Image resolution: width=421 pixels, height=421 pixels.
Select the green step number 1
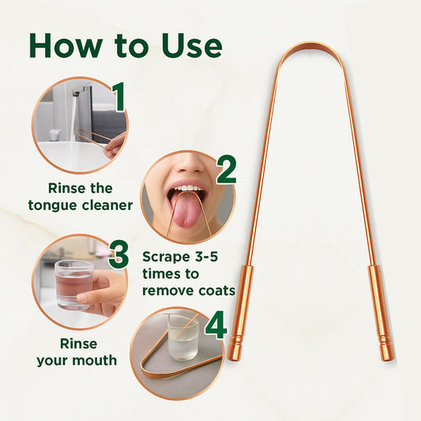coord(118,97)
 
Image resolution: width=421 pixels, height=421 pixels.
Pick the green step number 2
coord(226,169)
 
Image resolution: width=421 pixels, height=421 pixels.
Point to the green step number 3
coord(119,254)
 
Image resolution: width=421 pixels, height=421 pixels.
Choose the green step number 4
coord(216,325)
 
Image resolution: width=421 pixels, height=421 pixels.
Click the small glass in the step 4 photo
coord(182,338)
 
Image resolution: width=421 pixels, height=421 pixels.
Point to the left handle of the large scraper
coord(240,313)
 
